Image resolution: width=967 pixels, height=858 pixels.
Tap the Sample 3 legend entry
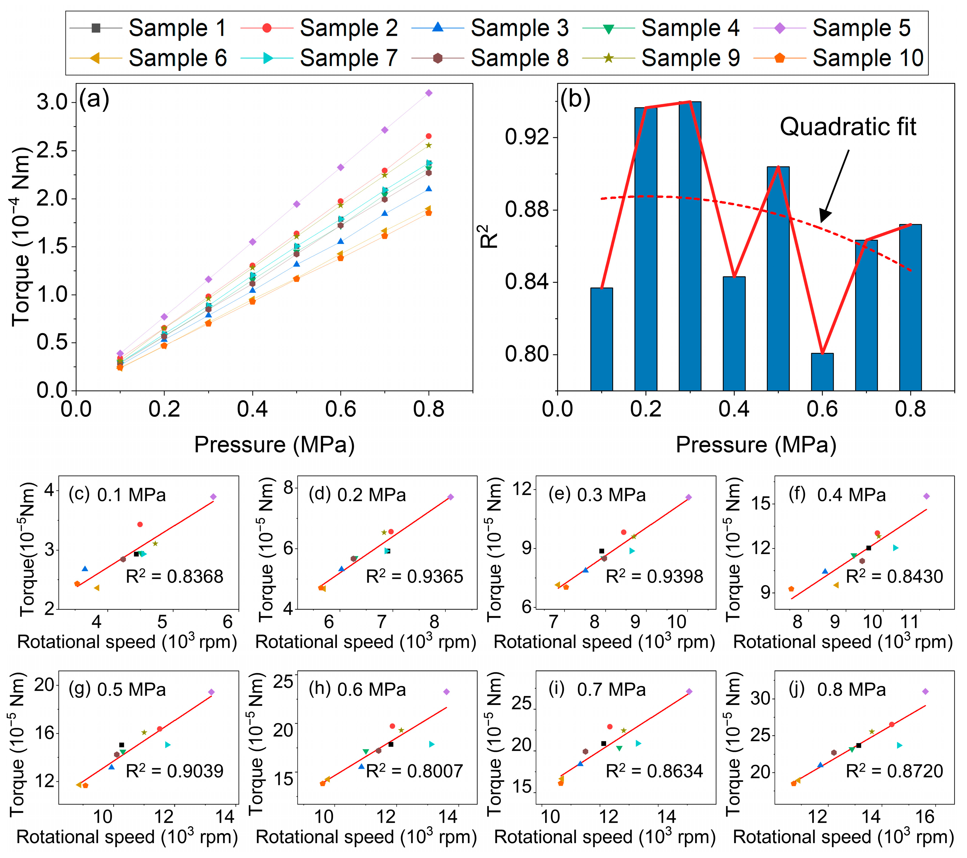[490, 28]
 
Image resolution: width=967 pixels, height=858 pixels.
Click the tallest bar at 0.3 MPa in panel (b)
[690, 246]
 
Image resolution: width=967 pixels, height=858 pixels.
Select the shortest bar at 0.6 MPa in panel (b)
[822, 372]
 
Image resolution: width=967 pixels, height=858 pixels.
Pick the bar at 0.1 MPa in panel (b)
[601, 339]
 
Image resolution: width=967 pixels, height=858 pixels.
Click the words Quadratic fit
[848, 127]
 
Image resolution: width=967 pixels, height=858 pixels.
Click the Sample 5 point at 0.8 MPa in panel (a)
[429, 93]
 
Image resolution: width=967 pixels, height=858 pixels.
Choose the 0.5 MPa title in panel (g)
[132, 689]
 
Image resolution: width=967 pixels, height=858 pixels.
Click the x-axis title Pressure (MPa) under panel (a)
[274, 445]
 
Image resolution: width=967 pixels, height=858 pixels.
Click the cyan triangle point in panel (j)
[899, 745]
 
